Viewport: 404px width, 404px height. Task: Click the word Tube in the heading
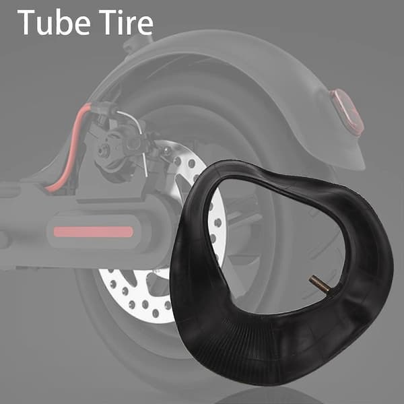[x=54, y=22]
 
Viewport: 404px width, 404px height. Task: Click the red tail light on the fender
[x=347, y=113]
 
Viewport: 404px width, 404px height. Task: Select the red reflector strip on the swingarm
[x=94, y=232]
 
